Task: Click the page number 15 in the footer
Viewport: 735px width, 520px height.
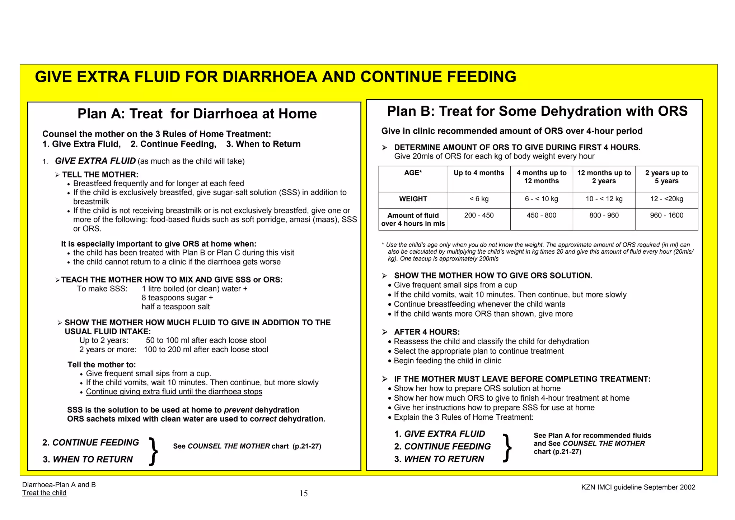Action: tap(304, 493)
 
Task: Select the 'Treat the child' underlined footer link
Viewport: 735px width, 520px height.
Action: tap(44, 493)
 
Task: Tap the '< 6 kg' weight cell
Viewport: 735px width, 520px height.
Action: tap(479, 199)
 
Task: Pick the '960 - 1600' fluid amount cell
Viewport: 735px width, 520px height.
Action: tap(666, 215)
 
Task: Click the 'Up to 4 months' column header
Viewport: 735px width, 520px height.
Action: tap(479, 173)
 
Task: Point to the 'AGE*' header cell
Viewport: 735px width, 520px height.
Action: tap(413, 173)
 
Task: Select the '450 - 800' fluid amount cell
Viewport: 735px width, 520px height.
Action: tap(541, 215)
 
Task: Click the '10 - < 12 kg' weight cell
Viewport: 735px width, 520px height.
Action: tap(604, 199)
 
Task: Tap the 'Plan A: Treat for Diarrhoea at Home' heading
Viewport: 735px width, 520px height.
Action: tap(197, 114)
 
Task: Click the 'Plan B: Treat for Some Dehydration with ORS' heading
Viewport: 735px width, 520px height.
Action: tap(537, 111)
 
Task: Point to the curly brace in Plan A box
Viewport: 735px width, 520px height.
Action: tap(153, 451)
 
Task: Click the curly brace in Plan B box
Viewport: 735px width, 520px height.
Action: tap(507, 448)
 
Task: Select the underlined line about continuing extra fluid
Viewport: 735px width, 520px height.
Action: tap(174, 392)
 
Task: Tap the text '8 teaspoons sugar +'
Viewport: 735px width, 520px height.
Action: tap(177, 298)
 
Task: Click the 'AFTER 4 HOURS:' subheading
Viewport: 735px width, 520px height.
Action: tap(427, 332)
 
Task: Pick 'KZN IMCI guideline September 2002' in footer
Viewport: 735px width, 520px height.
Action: tap(638, 487)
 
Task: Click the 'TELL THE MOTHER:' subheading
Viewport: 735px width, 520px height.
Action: tap(100, 175)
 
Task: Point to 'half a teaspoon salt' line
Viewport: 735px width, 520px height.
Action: tap(175, 307)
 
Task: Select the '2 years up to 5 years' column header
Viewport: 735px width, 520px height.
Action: tap(666, 177)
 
